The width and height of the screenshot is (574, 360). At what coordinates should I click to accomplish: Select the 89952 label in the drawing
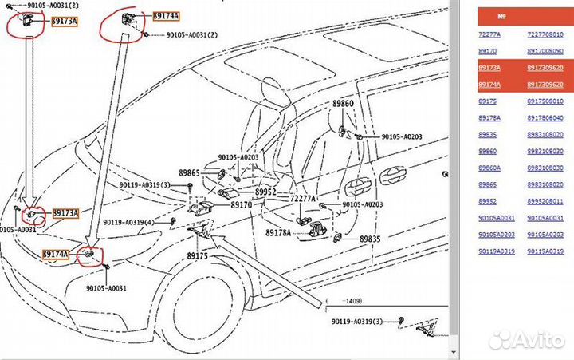(265, 192)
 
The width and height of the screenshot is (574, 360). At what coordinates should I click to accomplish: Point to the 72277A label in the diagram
(302, 198)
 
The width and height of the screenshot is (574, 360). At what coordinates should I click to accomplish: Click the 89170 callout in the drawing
(242, 205)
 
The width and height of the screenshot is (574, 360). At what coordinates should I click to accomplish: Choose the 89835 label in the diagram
(369, 239)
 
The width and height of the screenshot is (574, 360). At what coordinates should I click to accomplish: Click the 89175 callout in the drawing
(197, 255)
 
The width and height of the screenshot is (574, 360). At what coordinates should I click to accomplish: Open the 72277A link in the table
(489, 34)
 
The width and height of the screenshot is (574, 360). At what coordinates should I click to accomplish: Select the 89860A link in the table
(489, 168)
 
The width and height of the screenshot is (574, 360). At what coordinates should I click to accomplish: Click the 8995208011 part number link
(545, 202)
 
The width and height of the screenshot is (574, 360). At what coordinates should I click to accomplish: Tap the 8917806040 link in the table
(545, 118)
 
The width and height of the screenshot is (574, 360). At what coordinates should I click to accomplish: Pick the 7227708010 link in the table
(545, 34)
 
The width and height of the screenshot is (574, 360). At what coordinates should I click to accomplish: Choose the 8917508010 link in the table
(545, 101)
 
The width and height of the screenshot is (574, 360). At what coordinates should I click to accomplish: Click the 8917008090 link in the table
(545, 51)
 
